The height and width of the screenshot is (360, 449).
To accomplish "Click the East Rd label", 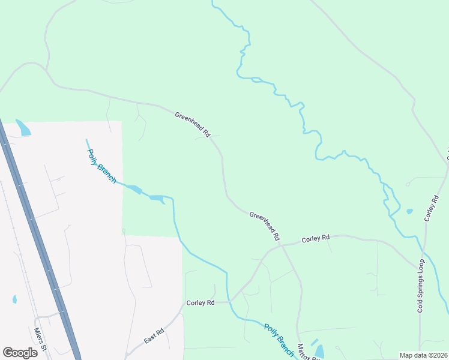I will pos(154,336).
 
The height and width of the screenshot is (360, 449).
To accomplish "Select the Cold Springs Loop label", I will pos(421,286).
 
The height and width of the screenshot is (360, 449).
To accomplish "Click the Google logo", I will pos(20,352).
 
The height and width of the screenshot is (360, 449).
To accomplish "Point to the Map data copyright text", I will pos(423,355).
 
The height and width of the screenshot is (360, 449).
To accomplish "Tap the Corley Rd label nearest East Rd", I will pos(200,303).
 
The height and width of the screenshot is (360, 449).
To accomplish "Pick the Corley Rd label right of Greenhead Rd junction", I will pos(316,238).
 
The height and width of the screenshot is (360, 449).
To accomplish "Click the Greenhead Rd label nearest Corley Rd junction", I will pos(265,226).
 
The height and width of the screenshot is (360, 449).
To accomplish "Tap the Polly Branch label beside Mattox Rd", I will pos(279,340).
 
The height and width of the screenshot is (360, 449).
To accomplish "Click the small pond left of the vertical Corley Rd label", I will pos(409,211).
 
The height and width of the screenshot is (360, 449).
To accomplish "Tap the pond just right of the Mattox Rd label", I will pos(319,352).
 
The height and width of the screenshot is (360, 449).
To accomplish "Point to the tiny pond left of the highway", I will pos(14,298).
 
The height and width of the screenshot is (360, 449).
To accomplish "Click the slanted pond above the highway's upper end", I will pos(23,127).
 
